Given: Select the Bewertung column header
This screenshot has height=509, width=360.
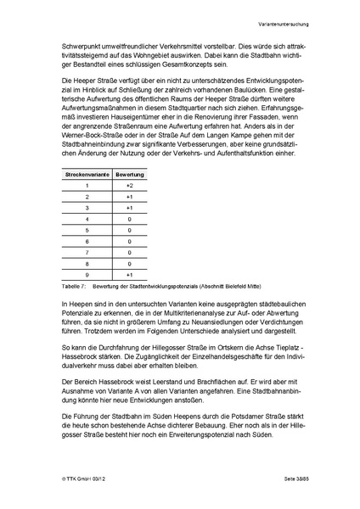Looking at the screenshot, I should point(129,172).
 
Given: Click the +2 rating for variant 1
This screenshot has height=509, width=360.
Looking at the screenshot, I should point(129,184).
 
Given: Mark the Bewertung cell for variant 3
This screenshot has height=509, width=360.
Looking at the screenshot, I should point(129,207).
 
